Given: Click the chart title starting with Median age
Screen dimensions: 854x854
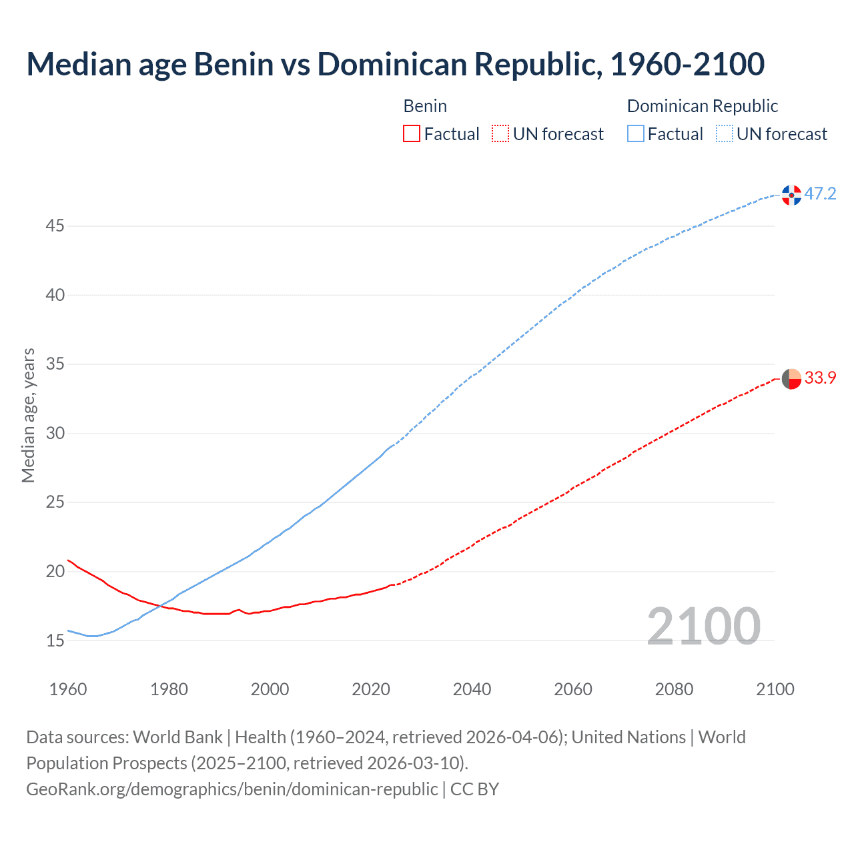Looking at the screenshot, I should pos(395,64).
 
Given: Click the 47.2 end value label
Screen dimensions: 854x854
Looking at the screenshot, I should pos(820,194).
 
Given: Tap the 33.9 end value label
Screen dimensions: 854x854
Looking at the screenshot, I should pos(820,378).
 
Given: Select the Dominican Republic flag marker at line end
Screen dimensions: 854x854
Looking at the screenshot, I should pos(791,195).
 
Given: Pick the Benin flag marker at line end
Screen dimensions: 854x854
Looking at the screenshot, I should pos(791,378).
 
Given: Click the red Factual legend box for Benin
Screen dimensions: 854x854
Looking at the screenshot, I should pos(412,134).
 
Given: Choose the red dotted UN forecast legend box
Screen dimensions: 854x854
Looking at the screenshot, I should pos(500,134).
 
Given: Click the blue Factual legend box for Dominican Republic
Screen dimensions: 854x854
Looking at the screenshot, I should pos(635,134).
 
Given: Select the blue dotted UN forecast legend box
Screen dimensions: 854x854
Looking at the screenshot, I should pos(724,134).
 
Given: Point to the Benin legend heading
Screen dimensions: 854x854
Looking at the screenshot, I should pos(425,106).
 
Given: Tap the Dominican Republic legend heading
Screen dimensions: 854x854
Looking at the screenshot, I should pos(702,106).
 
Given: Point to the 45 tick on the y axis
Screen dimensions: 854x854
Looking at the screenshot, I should pos(55,226).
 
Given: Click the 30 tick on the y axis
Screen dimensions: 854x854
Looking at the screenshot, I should pos(55,434).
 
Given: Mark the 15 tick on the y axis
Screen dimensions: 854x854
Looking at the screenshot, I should pos(55,640).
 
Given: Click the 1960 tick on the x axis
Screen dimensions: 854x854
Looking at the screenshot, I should pos(68,689).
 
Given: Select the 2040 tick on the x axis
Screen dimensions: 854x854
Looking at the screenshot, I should pos(472,689).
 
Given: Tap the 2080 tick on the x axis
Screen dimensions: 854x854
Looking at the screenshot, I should pos(674,689).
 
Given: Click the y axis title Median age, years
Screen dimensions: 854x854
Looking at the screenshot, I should pos(28,415).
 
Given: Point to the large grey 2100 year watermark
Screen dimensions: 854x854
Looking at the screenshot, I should pos(703,626).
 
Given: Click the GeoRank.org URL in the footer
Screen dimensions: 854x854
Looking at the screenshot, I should pos(232,789).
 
